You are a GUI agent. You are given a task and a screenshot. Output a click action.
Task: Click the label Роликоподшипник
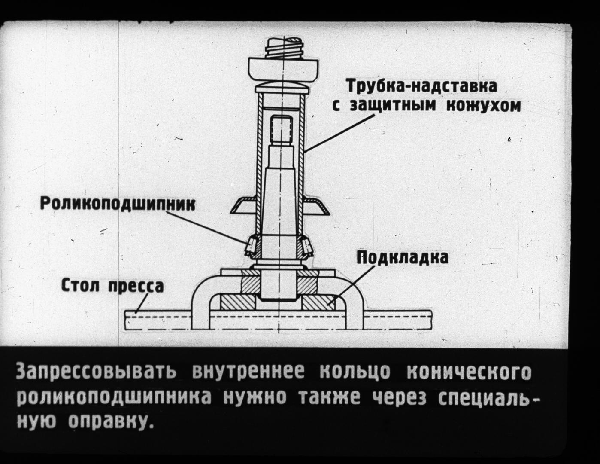tap(118, 203)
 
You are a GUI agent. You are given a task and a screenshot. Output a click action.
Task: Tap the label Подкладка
tap(403, 257)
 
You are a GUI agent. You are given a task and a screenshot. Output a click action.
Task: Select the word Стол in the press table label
tap(81, 285)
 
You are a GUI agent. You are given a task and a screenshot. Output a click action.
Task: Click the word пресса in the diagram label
tap(136, 286)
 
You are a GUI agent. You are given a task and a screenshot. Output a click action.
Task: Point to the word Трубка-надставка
tap(422, 85)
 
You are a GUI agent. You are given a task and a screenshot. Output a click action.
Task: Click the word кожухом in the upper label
tap(483, 105)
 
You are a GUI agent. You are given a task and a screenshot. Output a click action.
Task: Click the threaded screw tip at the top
tap(284, 48)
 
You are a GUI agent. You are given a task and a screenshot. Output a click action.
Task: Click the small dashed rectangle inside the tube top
tap(282, 128)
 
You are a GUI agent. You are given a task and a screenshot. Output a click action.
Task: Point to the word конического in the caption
tap(469, 372)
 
